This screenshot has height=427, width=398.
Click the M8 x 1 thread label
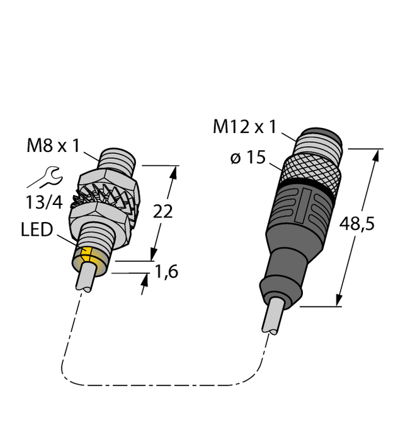point(54,146)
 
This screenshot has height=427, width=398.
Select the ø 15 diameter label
point(248,158)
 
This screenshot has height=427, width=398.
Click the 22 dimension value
point(163,212)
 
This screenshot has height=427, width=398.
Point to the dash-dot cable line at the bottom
point(157,385)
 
